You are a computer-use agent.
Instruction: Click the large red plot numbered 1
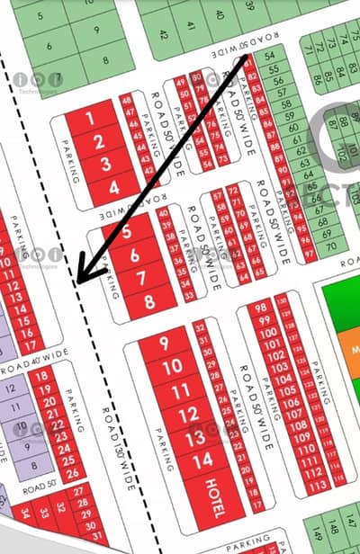[89, 119]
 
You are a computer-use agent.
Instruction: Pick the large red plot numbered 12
[187, 415]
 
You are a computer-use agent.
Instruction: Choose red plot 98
[262, 308]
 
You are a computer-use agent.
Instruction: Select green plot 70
[332, 246]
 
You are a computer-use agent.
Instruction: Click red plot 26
[75, 471]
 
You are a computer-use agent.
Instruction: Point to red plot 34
[24, 514]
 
